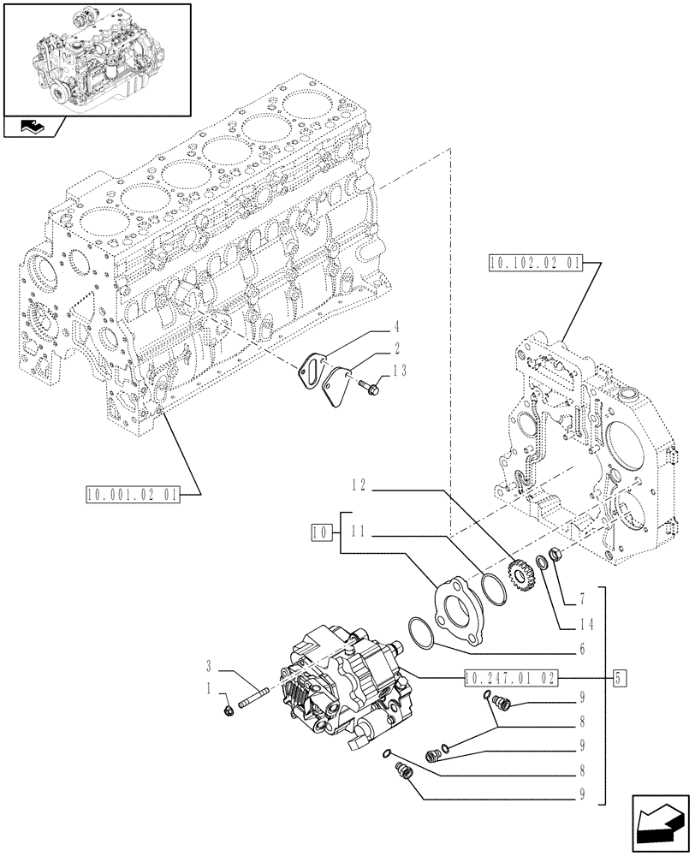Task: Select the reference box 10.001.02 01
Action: click(132, 494)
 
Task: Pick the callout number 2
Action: click(395, 348)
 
